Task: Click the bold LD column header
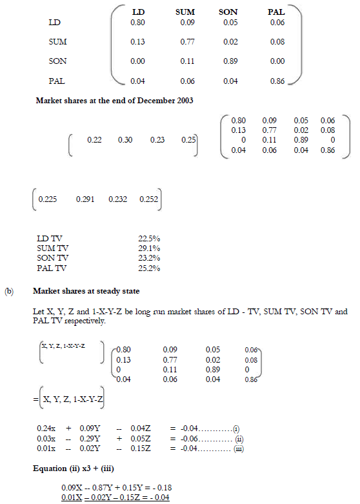pos(138,12)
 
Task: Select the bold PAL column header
pos(276,12)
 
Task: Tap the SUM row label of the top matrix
pos(57,42)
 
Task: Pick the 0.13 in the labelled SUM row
pos(137,42)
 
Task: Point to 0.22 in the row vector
pos(94,140)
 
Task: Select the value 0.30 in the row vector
pos(125,140)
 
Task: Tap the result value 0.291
pos(85,199)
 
